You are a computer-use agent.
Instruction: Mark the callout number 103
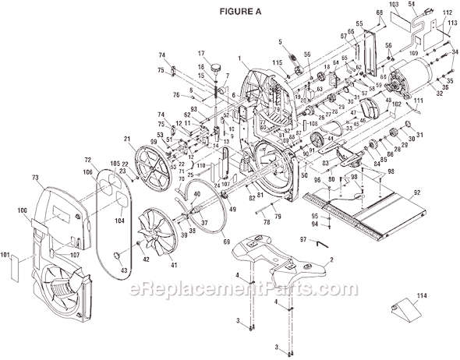tap(395, 5)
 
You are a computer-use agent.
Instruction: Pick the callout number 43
tap(123, 270)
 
